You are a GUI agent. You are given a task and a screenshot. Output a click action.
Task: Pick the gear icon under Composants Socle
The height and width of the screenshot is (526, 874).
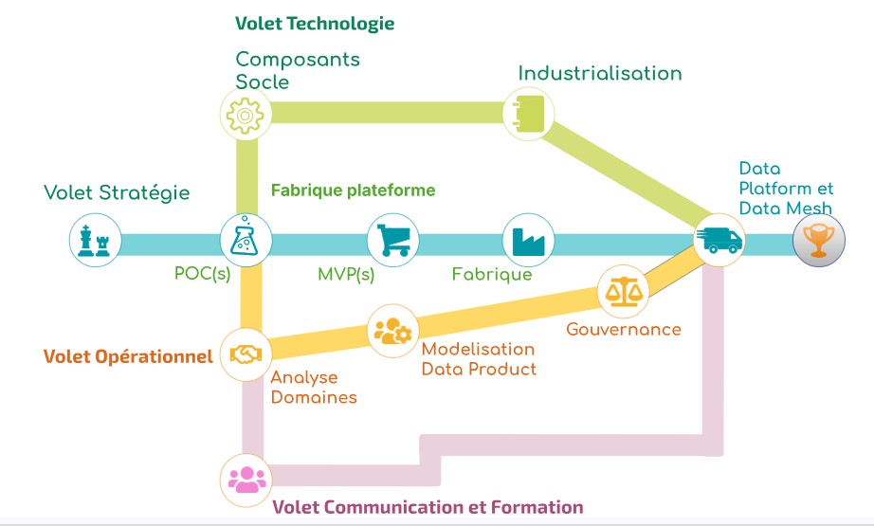(246, 114)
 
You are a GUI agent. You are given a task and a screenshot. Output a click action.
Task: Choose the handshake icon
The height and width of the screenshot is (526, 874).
(246, 354)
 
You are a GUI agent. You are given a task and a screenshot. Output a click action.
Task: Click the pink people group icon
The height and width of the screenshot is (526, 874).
(246, 478)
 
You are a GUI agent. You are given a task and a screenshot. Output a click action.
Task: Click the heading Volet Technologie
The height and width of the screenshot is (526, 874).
(315, 22)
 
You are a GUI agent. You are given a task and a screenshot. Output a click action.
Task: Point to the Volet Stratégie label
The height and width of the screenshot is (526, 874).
(117, 192)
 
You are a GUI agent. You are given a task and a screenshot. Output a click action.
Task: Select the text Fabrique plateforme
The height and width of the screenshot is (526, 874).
(353, 190)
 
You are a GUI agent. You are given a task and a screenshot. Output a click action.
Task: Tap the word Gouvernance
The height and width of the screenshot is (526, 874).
(623, 329)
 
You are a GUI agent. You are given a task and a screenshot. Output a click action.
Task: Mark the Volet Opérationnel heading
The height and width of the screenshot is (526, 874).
(128, 356)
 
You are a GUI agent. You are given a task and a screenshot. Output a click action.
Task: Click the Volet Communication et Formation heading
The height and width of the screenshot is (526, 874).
(428, 507)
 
